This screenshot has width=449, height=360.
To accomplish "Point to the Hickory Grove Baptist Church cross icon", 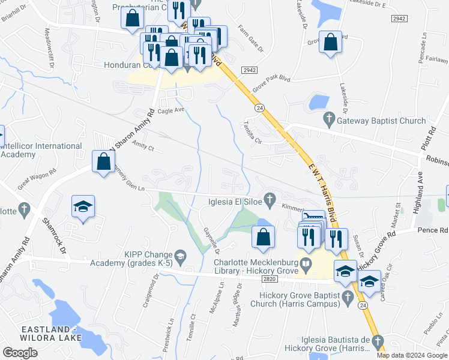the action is point(347,296).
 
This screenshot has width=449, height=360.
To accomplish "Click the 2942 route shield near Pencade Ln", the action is point(400,19).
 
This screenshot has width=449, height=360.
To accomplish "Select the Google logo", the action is point(20,352).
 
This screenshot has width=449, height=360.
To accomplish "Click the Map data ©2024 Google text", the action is point(412,355).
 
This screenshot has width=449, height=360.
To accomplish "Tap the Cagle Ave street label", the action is point(171,110).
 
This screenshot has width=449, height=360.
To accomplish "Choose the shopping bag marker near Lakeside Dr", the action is point(330,43).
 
